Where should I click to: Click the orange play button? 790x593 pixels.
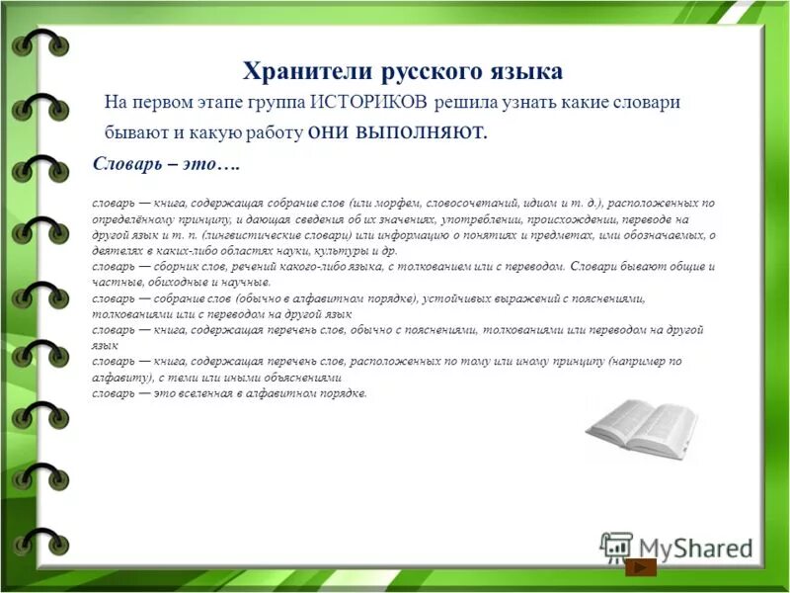pyautogui.click(x=643, y=567)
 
